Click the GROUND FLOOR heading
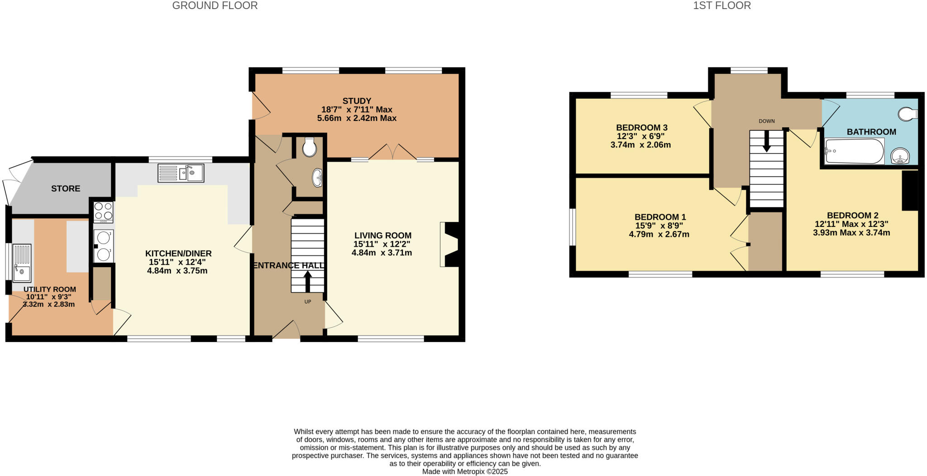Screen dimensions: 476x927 (215, 6)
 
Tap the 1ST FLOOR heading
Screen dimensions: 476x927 (722, 6)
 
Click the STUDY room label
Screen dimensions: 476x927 (357, 101)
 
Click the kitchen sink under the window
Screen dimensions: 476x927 (181, 173)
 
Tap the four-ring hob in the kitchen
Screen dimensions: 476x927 (103, 211)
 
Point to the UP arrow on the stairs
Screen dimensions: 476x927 (308, 281)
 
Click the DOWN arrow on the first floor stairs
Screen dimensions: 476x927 (766, 141)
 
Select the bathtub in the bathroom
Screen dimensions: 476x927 (854, 152)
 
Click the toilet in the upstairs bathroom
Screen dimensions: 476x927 (907, 114)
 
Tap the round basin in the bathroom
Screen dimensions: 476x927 (900, 156)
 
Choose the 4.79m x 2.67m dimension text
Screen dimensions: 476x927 (659, 234)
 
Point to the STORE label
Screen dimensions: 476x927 (66, 188)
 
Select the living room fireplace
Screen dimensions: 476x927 (450, 245)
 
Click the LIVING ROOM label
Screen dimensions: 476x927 (382, 236)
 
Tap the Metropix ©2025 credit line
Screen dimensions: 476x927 (464, 471)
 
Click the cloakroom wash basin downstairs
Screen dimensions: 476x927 (318, 178)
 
